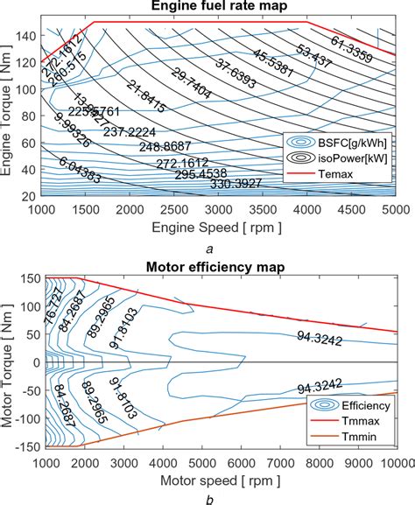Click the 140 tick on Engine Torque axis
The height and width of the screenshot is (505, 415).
[x=26, y=34]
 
